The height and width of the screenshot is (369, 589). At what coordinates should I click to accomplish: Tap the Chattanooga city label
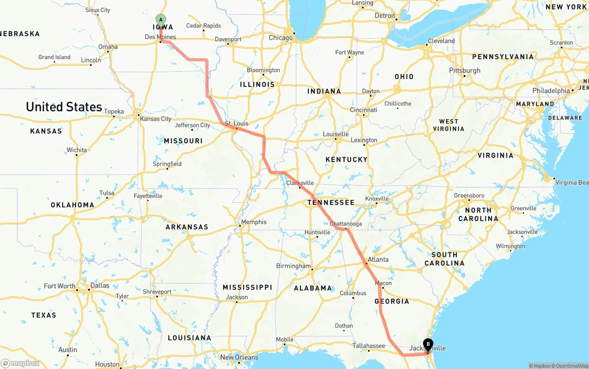click(x=346, y=224)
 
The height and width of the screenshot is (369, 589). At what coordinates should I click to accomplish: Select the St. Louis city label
click(x=237, y=123)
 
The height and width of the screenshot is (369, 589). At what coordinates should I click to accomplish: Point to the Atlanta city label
click(x=378, y=259)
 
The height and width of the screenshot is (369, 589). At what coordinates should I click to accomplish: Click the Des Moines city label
click(x=160, y=37)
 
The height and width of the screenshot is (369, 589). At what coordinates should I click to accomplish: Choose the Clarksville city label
click(x=300, y=182)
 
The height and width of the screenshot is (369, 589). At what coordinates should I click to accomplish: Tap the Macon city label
click(x=383, y=283)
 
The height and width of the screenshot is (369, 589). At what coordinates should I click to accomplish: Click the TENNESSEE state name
click(x=331, y=203)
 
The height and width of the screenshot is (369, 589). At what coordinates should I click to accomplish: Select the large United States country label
click(x=64, y=107)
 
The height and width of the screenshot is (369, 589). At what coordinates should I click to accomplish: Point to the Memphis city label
click(x=254, y=222)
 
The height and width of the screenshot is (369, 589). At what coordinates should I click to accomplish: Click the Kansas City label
click(x=156, y=119)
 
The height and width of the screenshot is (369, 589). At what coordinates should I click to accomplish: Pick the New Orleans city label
click(x=239, y=357)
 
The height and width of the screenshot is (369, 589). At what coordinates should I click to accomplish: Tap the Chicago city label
click(x=281, y=38)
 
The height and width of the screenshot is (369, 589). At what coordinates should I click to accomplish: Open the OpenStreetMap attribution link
click(x=570, y=366)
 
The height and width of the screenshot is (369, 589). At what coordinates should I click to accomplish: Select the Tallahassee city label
click(x=369, y=346)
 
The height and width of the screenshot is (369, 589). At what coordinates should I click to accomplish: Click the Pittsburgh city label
click(x=465, y=70)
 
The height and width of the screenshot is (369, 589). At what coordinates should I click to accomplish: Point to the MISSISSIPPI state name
click(x=248, y=287)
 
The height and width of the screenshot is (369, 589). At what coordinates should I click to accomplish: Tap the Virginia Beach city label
click(x=572, y=182)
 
